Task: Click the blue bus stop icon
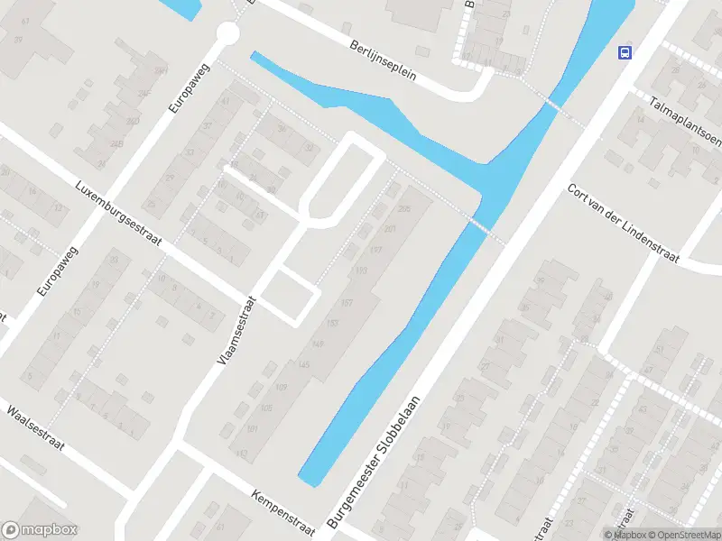(624, 51)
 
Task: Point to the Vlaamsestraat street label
(237, 331)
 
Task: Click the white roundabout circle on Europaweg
(227, 34)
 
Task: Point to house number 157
(347, 303)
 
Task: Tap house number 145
(304, 364)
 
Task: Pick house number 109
(281, 387)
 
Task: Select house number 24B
(117, 142)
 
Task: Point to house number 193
(362, 270)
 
